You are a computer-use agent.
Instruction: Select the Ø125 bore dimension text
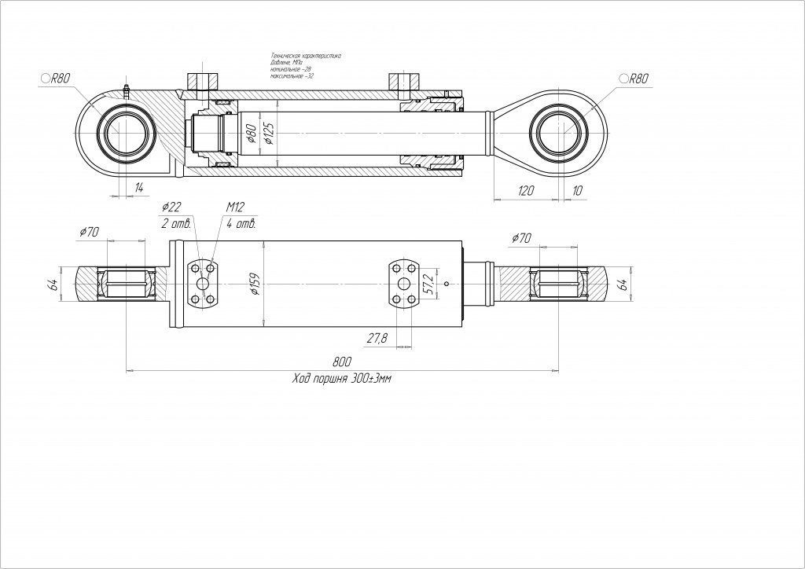coord(269,134)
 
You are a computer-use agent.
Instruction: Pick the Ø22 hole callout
coord(171,207)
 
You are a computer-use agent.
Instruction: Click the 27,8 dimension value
coord(377,339)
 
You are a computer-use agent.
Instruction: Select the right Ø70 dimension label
coord(521,237)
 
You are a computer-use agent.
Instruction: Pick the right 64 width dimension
coord(623,284)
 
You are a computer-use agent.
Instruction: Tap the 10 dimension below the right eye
coord(579,191)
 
